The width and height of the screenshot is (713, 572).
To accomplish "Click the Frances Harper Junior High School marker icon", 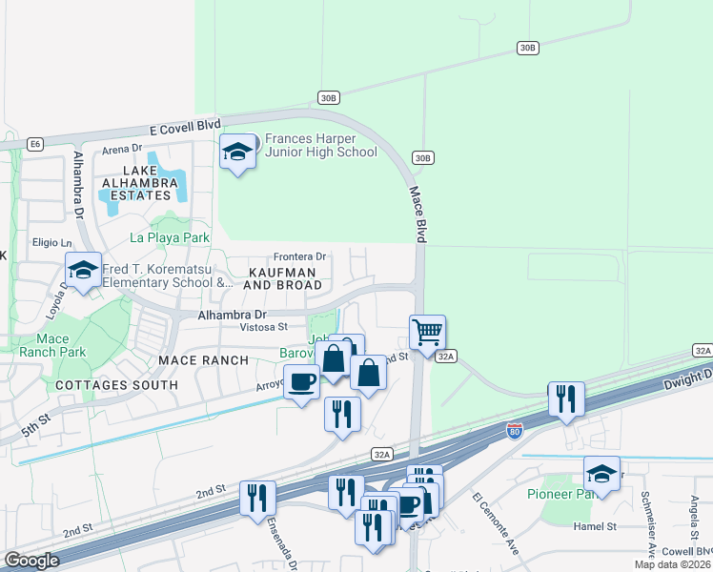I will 238,152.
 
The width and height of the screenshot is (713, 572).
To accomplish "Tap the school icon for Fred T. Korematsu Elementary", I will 83,269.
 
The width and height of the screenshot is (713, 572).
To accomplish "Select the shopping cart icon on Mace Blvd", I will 427,333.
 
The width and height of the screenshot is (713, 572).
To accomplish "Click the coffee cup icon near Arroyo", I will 302,381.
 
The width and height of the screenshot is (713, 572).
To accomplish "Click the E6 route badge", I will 35,144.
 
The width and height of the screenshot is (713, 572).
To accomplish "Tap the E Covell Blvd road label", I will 185,126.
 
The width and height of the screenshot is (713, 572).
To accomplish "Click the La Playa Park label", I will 169,236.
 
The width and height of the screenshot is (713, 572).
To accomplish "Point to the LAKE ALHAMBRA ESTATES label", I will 140,182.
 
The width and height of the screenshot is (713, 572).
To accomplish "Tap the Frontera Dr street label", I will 299,256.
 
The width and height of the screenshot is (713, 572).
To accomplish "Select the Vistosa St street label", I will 249,326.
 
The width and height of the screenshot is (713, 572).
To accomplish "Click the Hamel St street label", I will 596,525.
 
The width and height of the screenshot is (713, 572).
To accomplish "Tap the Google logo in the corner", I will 31,561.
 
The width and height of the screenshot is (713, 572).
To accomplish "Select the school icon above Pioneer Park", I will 601,473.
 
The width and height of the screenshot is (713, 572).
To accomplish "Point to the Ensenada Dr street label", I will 294,541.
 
